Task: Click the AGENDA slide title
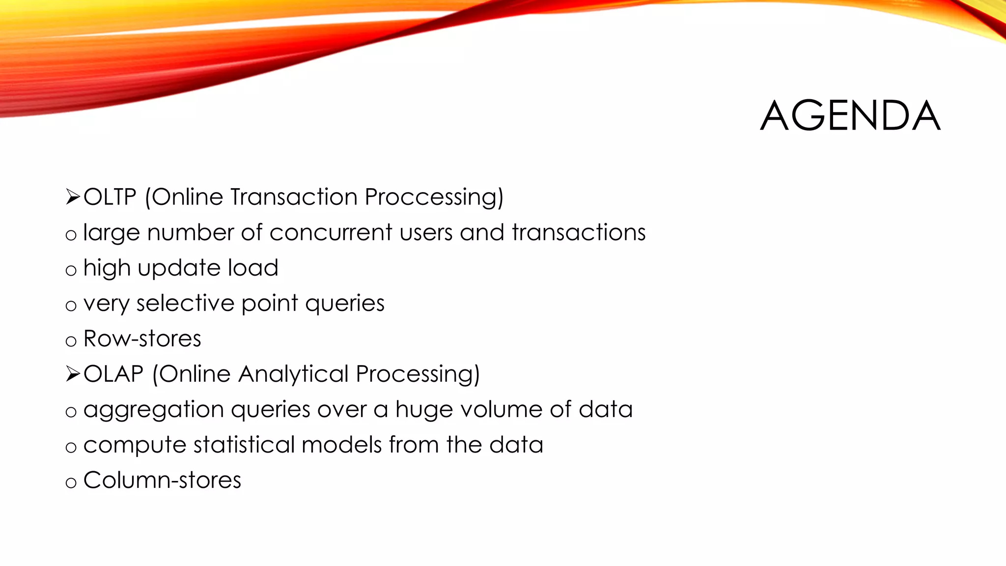click(x=850, y=116)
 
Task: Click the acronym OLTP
click(x=110, y=197)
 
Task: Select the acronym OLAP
click(x=113, y=374)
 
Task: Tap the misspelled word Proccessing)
click(x=434, y=197)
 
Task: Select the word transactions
click(x=579, y=232)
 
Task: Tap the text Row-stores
click(x=142, y=339)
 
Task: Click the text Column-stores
click(x=162, y=480)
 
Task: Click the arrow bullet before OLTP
click(x=72, y=198)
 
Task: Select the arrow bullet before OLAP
click(x=72, y=374)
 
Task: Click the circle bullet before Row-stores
click(x=71, y=341)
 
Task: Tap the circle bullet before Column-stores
click(x=71, y=482)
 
